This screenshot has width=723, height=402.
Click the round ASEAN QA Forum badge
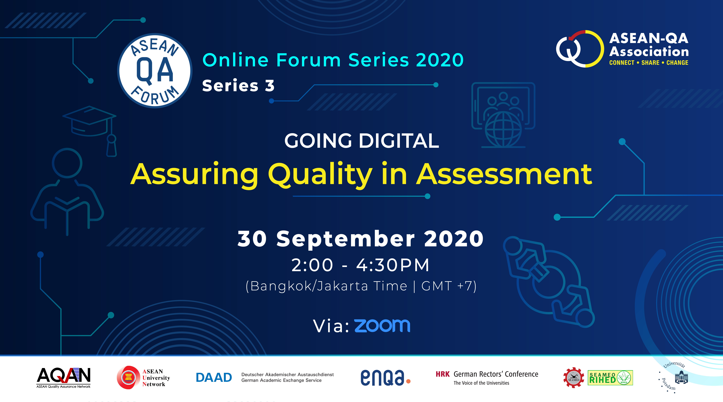[155, 71]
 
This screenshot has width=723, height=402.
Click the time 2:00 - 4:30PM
[360, 265]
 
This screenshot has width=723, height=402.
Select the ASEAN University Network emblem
[128, 377]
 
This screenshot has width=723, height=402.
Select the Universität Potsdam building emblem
[681, 377]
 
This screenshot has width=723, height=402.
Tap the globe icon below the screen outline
[503, 129]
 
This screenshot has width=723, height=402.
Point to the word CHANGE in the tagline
[677, 63]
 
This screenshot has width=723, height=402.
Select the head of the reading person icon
[67, 163]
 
